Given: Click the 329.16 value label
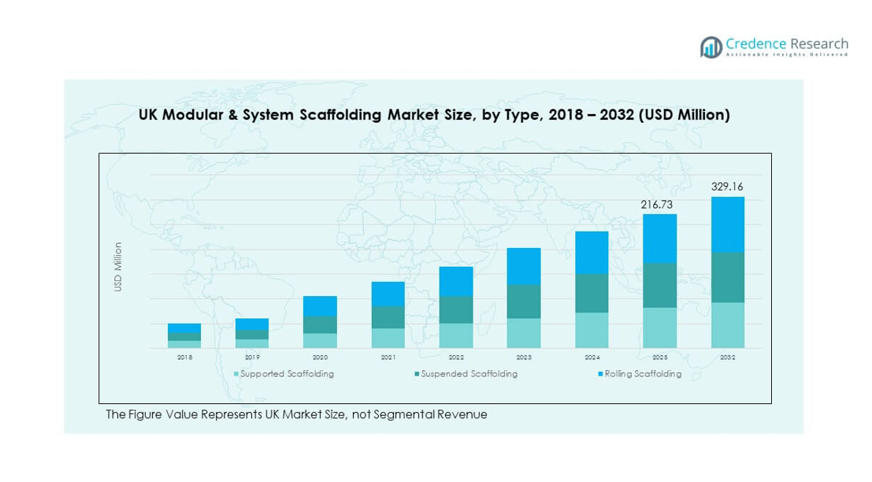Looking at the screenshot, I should click(727, 187).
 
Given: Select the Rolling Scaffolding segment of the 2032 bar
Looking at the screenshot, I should click(727, 224).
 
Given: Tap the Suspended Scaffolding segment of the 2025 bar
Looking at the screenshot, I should click(659, 285).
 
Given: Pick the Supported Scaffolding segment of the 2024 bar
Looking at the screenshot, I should click(592, 330).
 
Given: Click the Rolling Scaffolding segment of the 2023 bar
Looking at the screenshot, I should click(524, 266).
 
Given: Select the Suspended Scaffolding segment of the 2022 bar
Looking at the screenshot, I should click(456, 310).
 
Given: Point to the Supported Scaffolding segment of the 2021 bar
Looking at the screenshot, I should click(388, 338).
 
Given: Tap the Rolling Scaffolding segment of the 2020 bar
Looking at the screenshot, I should click(320, 306).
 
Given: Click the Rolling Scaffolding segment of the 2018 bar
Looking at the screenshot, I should click(184, 328).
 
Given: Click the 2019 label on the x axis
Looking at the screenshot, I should click(252, 358).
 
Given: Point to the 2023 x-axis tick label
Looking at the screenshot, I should click(524, 358).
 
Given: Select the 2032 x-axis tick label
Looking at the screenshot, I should click(727, 358).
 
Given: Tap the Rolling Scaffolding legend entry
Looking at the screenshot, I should click(640, 374).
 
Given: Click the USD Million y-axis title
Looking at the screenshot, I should click(118, 267).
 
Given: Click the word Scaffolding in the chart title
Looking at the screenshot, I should click(343, 115).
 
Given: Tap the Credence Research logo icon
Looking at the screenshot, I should click(711, 46).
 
